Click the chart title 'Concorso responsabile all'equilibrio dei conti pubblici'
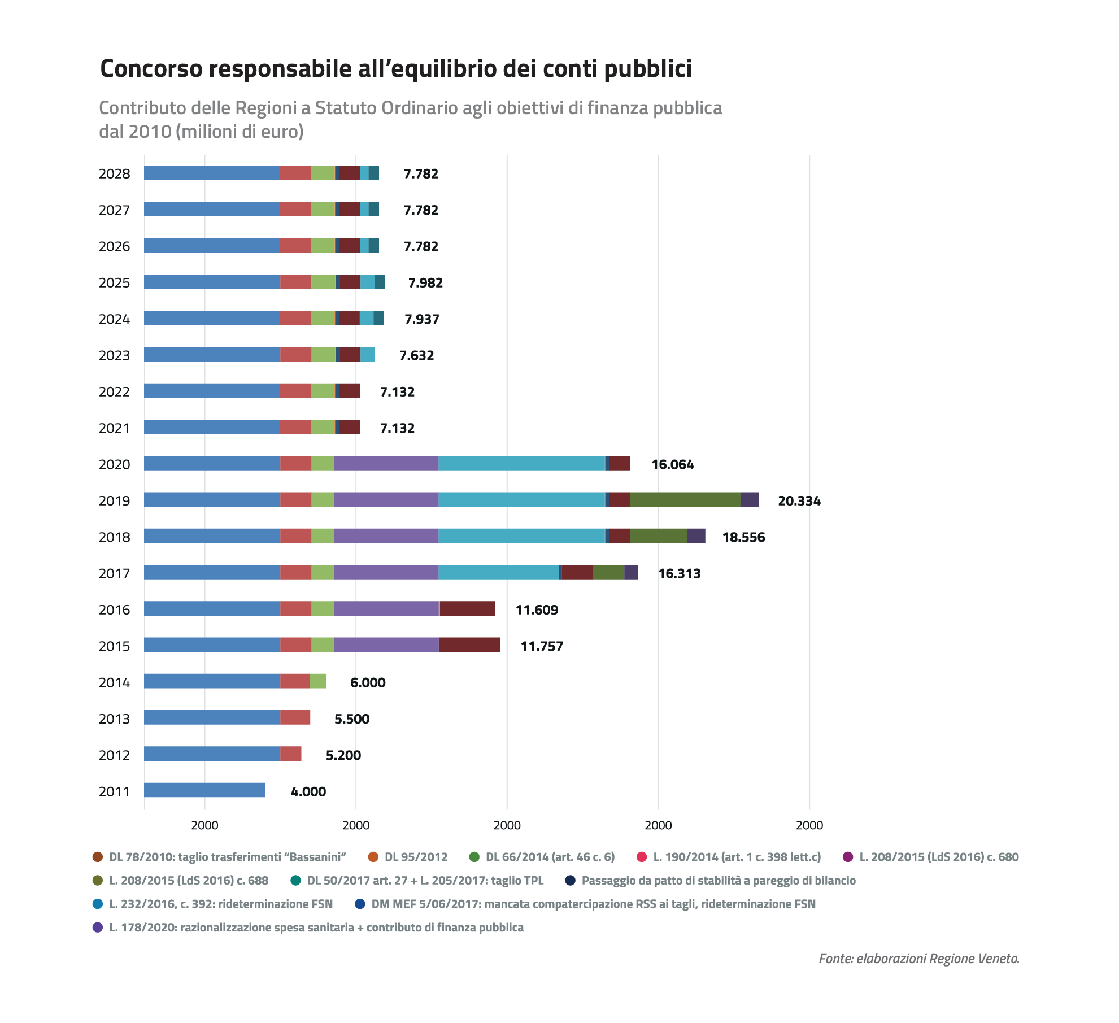(396, 69)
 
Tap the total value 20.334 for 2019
(799, 500)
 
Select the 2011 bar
(204, 790)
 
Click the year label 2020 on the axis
(114, 464)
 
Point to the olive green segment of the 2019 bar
(685, 499)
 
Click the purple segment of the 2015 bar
(386, 645)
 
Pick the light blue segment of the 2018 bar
(522, 536)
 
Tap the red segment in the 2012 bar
(291, 754)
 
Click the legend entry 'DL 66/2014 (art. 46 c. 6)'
(542, 857)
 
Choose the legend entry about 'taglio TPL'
(417, 881)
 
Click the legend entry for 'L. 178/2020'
(308, 928)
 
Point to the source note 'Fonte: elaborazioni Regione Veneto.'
(919, 959)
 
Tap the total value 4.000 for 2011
(308, 791)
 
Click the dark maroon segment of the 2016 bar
(467, 608)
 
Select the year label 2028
(114, 173)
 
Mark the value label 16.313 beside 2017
(680, 573)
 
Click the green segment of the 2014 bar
(318, 681)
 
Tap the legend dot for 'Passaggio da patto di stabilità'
(571, 881)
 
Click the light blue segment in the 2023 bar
(367, 354)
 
